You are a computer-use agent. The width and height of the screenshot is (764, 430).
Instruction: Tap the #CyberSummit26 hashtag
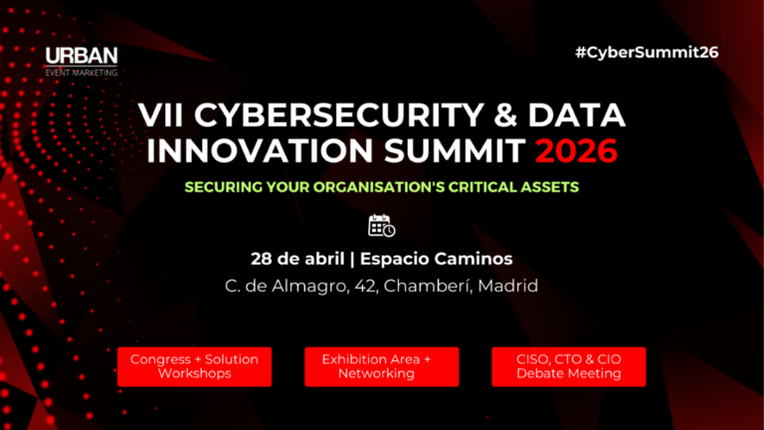pos(647,52)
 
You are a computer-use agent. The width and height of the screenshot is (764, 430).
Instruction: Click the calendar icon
pos(381,226)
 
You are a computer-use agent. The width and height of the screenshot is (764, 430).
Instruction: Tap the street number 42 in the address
pos(357,286)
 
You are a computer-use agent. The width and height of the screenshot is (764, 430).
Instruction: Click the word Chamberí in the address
pos(422,286)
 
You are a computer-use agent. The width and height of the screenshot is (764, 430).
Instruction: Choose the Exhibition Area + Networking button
pos(381,366)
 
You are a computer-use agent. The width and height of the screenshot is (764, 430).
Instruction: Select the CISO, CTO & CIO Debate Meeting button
pos(569,366)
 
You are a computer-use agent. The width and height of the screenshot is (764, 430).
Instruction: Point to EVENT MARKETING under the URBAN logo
pos(81,72)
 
